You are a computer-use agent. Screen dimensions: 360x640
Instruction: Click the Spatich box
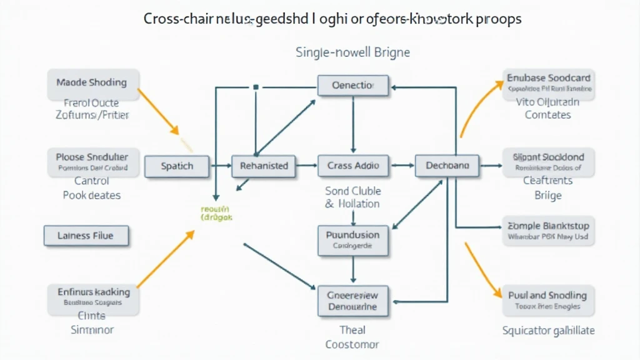coord(177,166)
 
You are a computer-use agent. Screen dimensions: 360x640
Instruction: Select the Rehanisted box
coord(264,166)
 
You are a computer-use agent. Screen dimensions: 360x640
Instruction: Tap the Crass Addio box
coord(353,166)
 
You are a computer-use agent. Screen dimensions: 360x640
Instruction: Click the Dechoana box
coord(447,166)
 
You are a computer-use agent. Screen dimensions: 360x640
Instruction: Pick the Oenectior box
coord(353,86)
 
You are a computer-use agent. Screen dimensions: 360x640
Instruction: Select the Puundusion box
coord(353,240)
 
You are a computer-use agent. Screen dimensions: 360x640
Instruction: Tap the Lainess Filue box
coord(86,236)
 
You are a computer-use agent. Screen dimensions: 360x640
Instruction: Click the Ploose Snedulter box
coord(92,161)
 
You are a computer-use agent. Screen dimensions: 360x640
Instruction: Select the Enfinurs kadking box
coord(94,297)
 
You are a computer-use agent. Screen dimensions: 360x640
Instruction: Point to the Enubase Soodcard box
coord(548,83)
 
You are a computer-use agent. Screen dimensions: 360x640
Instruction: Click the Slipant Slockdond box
coord(548,162)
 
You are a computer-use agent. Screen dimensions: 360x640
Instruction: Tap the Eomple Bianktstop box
coord(548,231)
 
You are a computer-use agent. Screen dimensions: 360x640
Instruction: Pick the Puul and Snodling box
coord(548,300)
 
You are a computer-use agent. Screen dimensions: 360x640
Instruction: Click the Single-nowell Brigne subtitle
coord(352,52)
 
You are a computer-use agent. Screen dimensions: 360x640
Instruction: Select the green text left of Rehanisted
coord(216,214)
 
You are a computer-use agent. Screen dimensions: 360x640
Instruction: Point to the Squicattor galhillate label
coord(548,331)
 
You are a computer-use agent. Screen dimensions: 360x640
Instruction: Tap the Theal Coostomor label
coord(353,337)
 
